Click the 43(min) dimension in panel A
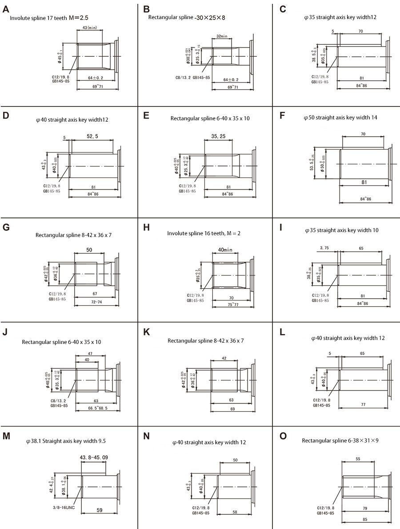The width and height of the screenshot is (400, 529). pyautogui.click(x=90, y=28)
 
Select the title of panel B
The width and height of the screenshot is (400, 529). pyautogui.click(x=187, y=17)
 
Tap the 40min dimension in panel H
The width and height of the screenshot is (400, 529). pyautogui.click(x=225, y=249)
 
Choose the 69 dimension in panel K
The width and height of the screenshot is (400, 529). pyautogui.click(x=232, y=408)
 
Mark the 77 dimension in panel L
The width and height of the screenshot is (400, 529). pyautogui.click(x=363, y=404)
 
